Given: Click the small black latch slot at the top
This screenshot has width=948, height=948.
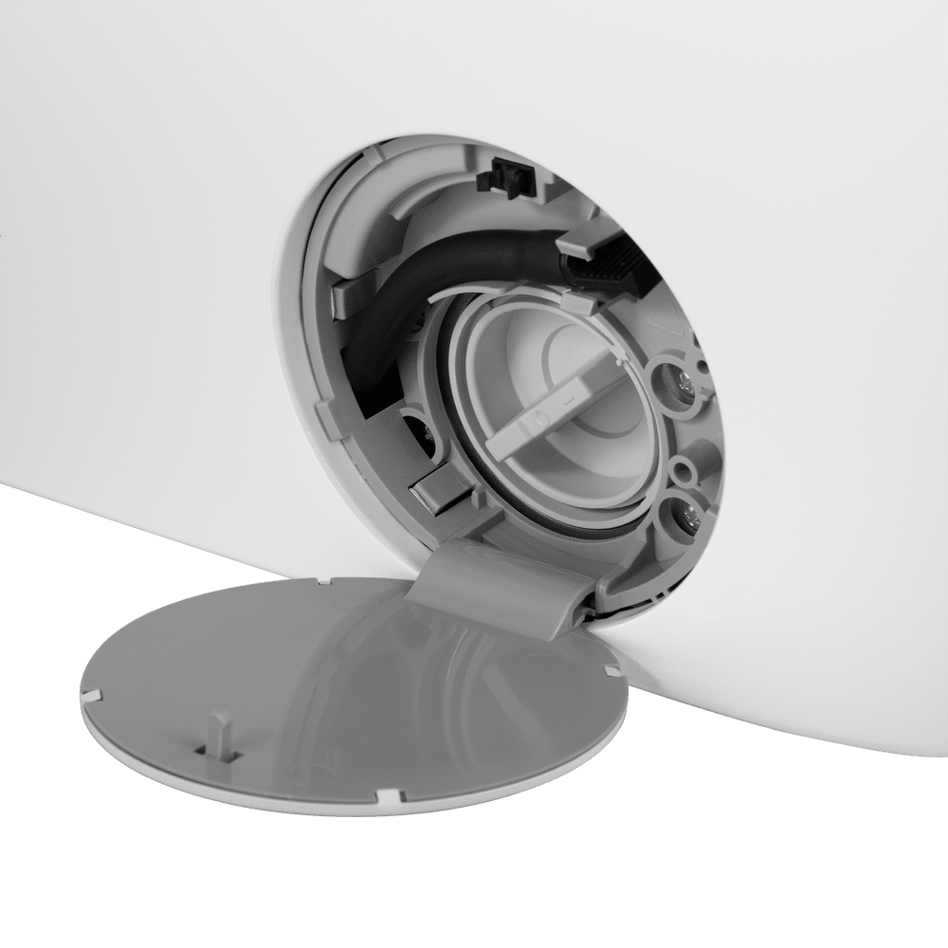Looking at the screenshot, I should pos(509,177).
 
